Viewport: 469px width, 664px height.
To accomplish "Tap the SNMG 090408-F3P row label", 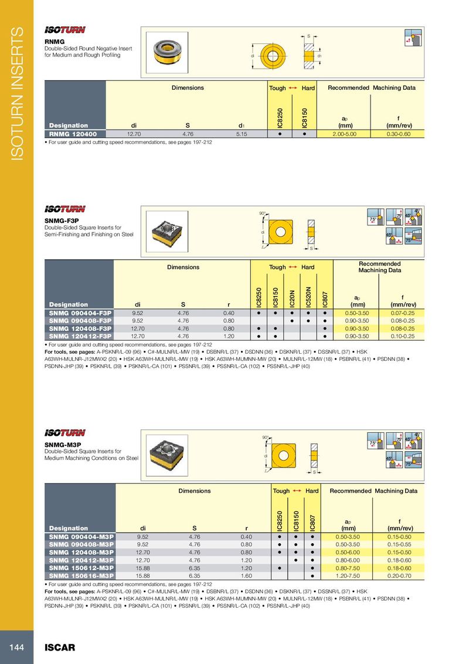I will tap(80, 321).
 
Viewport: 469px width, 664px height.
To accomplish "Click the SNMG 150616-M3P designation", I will tap(81, 575).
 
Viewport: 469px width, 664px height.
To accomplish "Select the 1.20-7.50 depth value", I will tap(349, 575).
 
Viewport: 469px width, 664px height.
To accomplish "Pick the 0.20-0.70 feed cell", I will tap(399, 575).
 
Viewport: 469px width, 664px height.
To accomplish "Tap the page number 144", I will tap(16, 647).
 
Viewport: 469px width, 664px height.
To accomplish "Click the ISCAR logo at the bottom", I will tap(60, 648).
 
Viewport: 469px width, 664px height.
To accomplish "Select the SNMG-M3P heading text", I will tap(62, 445).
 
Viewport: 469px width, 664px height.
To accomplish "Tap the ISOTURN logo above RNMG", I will tap(65, 30).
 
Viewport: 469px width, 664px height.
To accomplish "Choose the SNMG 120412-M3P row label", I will tap(81, 560).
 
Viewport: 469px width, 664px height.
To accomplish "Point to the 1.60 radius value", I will tap(246, 575).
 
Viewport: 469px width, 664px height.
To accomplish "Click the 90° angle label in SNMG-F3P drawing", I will tap(263, 213).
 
